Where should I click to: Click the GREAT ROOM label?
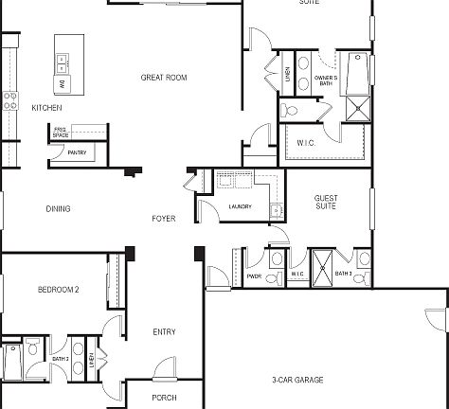(x=160, y=78)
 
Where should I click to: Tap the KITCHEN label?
(x=46, y=108)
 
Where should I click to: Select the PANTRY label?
(x=77, y=151)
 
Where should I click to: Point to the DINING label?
(x=58, y=208)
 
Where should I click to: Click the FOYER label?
(x=163, y=219)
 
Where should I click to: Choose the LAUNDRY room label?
(x=240, y=206)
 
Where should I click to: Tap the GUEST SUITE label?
(x=326, y=203)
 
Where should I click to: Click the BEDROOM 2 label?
(x=58, y=289)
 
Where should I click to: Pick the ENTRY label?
(x=164, y=331)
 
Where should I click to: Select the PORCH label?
(x=164, y=398)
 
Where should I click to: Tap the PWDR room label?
(x=254, y=276)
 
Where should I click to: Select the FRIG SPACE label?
(x=60, y=133)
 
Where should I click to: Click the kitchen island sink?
(x=63, y=62)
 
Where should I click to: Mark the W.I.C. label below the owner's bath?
(x=305, y=142)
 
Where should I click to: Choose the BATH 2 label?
(x=60, y=359)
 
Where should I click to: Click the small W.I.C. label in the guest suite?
(x=296, y=276)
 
